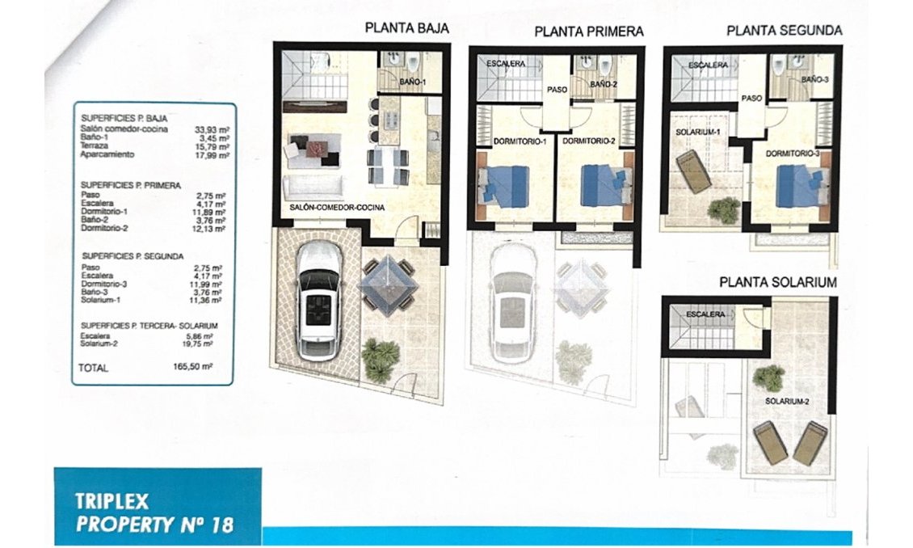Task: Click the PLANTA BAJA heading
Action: tap(406, 28)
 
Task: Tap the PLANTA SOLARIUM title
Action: tap(778, 282)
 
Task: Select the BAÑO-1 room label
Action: tap(412, 82)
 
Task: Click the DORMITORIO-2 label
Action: tap(589, 141)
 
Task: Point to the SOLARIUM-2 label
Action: tap(787, 401)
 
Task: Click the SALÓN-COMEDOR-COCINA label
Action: tap(337, 208)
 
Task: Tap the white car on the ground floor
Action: tap(318, 301)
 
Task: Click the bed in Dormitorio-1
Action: tap(503, 186)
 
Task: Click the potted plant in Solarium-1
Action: tap(724, 210)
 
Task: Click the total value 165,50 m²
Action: tap(193, 367)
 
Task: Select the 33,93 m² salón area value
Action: tap(212, 130)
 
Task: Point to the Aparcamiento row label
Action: tap(107, 154)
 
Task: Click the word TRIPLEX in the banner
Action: tap(111, 501)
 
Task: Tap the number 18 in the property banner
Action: tap(222, 525)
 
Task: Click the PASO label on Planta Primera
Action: tap(557, 90)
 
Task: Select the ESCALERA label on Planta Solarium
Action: tap(705, 314)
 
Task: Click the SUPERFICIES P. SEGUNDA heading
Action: tap(133, 256)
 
